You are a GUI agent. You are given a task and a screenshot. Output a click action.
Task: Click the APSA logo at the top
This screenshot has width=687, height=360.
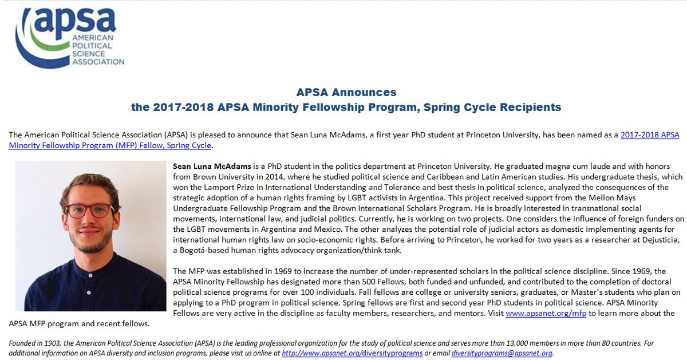point(69,37)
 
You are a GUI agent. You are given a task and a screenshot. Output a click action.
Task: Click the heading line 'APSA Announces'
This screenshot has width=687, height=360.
point(346,92)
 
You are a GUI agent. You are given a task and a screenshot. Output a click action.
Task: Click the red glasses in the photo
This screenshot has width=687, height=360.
point(90,210)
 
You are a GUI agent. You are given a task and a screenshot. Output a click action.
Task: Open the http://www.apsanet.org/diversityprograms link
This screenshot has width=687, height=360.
point(352,353)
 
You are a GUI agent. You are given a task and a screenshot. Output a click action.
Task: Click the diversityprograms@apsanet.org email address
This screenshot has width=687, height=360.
point(502,353)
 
